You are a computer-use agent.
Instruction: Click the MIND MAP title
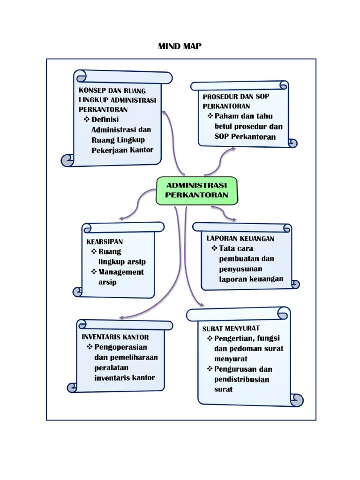click(180, 46)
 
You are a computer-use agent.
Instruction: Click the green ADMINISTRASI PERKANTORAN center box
click(197, 190)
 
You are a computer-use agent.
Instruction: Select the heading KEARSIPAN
click(105, 241)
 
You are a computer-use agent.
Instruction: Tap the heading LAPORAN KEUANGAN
click(240, 238)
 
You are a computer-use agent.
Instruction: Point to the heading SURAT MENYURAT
click(231, 328)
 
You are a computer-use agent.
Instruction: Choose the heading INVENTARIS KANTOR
click(115, 337)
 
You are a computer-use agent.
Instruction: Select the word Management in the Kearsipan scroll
click(121, 272)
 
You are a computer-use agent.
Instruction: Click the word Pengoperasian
click(120, 347)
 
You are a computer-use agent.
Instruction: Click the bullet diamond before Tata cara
click(214, 248)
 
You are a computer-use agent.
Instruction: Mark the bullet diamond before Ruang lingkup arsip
click(94, 252)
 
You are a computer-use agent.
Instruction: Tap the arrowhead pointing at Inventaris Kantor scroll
click(121, 317)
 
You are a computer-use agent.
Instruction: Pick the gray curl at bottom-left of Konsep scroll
click(67, 160)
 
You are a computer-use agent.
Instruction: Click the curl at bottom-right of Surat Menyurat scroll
click(297, 399)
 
